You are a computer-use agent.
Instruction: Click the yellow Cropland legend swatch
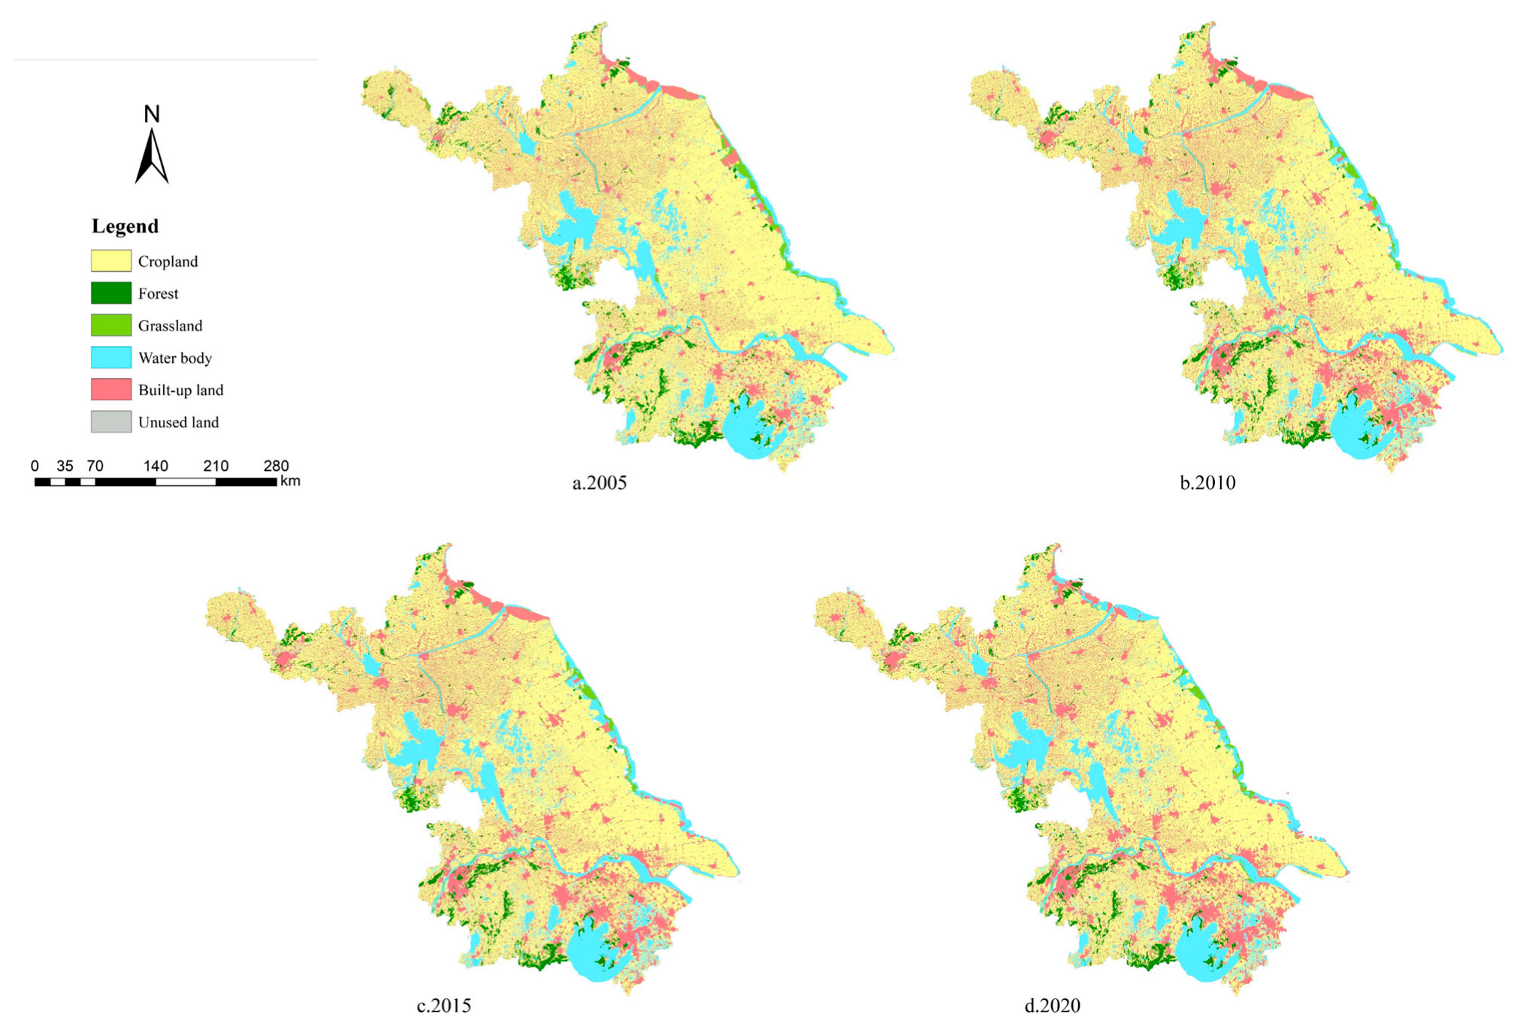111,261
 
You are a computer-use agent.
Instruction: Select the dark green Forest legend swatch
111,293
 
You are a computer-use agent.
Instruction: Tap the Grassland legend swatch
111,325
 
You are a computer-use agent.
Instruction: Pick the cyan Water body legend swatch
111,358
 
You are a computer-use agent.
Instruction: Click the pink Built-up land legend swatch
111,389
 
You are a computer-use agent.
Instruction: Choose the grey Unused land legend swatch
111,421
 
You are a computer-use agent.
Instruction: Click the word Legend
125,226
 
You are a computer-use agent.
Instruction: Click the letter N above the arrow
152,114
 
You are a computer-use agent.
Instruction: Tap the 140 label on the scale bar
156,466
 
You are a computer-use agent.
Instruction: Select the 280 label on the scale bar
276,466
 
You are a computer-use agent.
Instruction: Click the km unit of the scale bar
290,481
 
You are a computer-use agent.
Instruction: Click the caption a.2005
599,483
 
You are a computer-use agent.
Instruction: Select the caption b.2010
1207,483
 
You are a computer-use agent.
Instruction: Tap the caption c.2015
443,1005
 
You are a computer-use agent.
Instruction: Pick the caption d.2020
1052,1005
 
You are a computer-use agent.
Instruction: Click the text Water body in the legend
174,358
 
